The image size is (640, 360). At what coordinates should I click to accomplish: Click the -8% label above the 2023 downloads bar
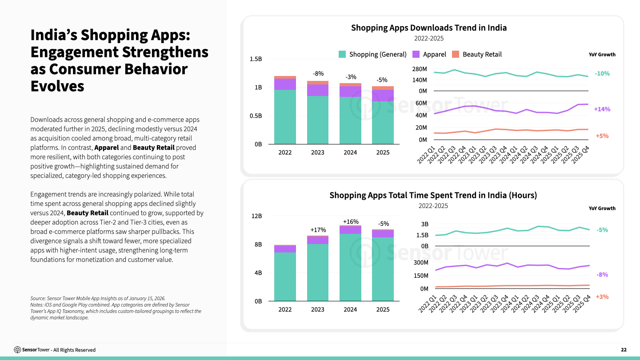click(318, 73)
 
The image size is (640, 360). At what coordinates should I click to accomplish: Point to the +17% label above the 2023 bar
click(318, 230)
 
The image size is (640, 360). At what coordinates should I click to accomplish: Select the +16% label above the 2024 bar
click(350, 222)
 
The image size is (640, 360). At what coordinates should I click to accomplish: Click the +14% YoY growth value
click(602, 109)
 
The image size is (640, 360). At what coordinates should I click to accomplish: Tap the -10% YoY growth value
click(602, 74)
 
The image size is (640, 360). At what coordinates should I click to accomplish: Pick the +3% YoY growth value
click(602, 297)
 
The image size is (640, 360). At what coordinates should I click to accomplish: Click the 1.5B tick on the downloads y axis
click(256, 59)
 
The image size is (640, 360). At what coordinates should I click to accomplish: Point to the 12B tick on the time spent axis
click(257, 216)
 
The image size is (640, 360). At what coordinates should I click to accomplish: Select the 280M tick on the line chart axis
click(419, 69)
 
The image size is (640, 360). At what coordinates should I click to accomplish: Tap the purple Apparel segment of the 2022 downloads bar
click(285, 84)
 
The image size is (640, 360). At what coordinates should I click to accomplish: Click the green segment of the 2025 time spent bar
click(383, 269)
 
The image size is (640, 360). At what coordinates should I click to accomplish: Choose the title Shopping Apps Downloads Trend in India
click(429, 28)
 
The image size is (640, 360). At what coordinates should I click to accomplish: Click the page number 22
click(624, 350)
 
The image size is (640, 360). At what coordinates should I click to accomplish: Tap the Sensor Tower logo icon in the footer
click(17, 350)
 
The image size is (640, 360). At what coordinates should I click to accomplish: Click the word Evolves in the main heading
click(57, 86)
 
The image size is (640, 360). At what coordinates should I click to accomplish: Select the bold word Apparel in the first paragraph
click(107, 148)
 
